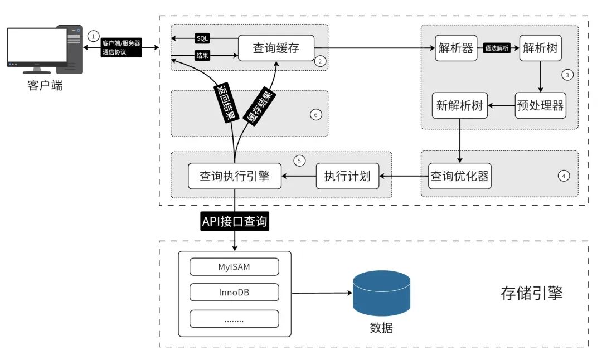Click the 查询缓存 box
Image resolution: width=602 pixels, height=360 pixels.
tap(276, 48)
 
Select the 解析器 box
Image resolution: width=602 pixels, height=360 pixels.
tap(456, 48)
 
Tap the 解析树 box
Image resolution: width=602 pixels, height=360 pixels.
tap(540, 48)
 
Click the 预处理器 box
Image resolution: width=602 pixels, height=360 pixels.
tap(540, 105)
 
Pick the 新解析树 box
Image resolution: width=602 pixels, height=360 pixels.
tap(459, 105)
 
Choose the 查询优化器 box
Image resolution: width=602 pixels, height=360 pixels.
tap(459, 176)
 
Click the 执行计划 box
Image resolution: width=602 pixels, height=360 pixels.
tap(347, 176)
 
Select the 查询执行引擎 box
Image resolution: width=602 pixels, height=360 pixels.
tap(235, 176)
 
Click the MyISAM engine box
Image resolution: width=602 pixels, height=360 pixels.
tap(234, 267)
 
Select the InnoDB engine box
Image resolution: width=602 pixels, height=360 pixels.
tap(234, 293)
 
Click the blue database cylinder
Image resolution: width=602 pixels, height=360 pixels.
tap(381, 293)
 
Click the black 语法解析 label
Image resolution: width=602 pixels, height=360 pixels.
tap(497, 48)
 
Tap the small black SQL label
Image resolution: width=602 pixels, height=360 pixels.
tap(202, 38)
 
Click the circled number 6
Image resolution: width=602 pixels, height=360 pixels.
tap(315, 115)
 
